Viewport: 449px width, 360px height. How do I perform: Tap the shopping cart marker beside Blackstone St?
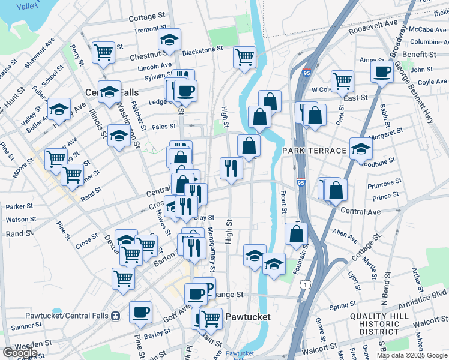244,57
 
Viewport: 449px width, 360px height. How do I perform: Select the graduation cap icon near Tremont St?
170,40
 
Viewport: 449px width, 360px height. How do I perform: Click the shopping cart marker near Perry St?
104,52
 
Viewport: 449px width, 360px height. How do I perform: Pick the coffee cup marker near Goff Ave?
140,312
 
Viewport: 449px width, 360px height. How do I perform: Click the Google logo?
19,353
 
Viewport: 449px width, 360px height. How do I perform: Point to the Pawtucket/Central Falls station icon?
116,316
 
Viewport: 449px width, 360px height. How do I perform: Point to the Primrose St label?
386,182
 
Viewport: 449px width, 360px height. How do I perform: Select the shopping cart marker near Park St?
342,80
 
